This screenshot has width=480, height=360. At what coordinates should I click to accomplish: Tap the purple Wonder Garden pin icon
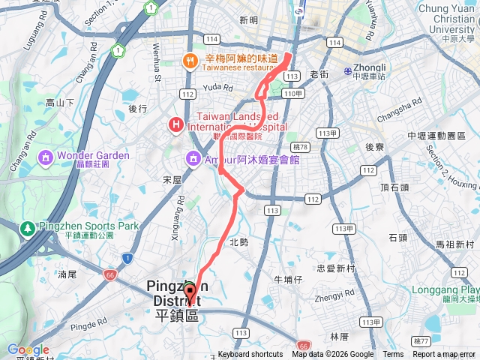(x=44, y=158)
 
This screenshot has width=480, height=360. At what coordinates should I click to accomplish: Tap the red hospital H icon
(x=175, y=124)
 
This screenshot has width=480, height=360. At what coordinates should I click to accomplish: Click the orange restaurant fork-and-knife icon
(x=190, y=61)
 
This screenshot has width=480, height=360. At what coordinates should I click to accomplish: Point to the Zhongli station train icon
(x=347, y=72)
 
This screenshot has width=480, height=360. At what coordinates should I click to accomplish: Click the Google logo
(x=28, y=349)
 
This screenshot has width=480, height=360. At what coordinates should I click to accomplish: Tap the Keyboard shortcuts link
(x=250, y=355)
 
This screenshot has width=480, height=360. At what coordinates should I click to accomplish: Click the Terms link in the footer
(x=393, y=355)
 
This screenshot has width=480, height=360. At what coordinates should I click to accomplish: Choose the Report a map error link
(x=444, y=355)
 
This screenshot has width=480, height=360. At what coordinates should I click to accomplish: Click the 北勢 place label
(x=238, y=242)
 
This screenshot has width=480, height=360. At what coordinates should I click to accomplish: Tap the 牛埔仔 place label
(x=288, y=279)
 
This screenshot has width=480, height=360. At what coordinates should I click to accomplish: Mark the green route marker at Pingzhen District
(x=190, y=287)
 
